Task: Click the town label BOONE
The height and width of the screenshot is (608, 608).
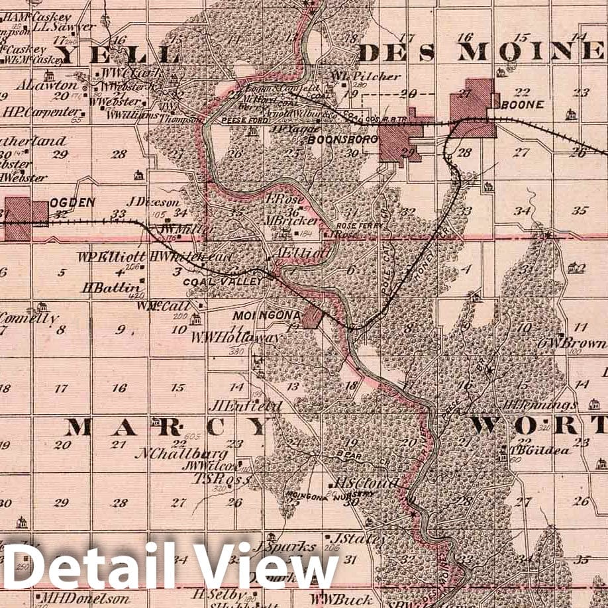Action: pyautogui.click(x=523, y=105)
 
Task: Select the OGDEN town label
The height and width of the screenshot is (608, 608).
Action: pyautogui.click(x=72, y=203)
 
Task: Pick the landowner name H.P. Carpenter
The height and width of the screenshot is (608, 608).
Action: pyautogui.click(x=41, y=112)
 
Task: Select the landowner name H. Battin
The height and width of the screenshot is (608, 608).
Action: pyautogui.click(x=111, y=287)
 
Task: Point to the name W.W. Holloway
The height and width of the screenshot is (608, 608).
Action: pyautogui.click(x=235, y=337)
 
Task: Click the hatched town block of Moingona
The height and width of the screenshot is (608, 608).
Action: pyautogui.click(x=312, y=317)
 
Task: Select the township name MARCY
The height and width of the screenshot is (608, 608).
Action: pyautogui.click(x=168, y=427)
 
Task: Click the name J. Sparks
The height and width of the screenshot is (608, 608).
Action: pyautogui.click(x=283, y=547)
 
